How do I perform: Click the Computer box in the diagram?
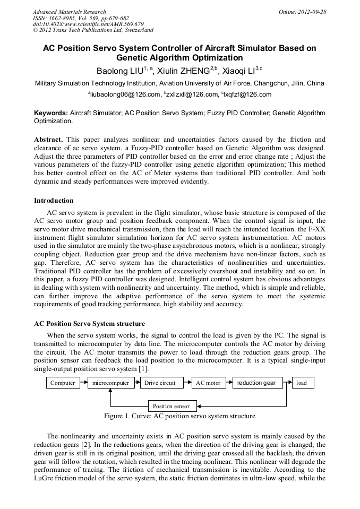click(63, 383)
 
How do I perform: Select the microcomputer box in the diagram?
click(110, 383)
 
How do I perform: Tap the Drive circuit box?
click(160, 383)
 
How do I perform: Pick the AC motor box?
click(208, 383)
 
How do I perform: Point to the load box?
click(302, 383)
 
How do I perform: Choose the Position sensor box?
click(170, 406)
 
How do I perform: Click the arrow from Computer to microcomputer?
click(83, 383)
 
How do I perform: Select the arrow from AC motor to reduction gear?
click(228, 383)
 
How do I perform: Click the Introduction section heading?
click(54, 201)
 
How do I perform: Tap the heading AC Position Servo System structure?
click(89, 323)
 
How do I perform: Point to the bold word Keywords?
click(51, 113)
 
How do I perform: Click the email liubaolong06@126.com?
click(124, 94)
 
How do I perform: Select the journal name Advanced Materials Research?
click(69, 12)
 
